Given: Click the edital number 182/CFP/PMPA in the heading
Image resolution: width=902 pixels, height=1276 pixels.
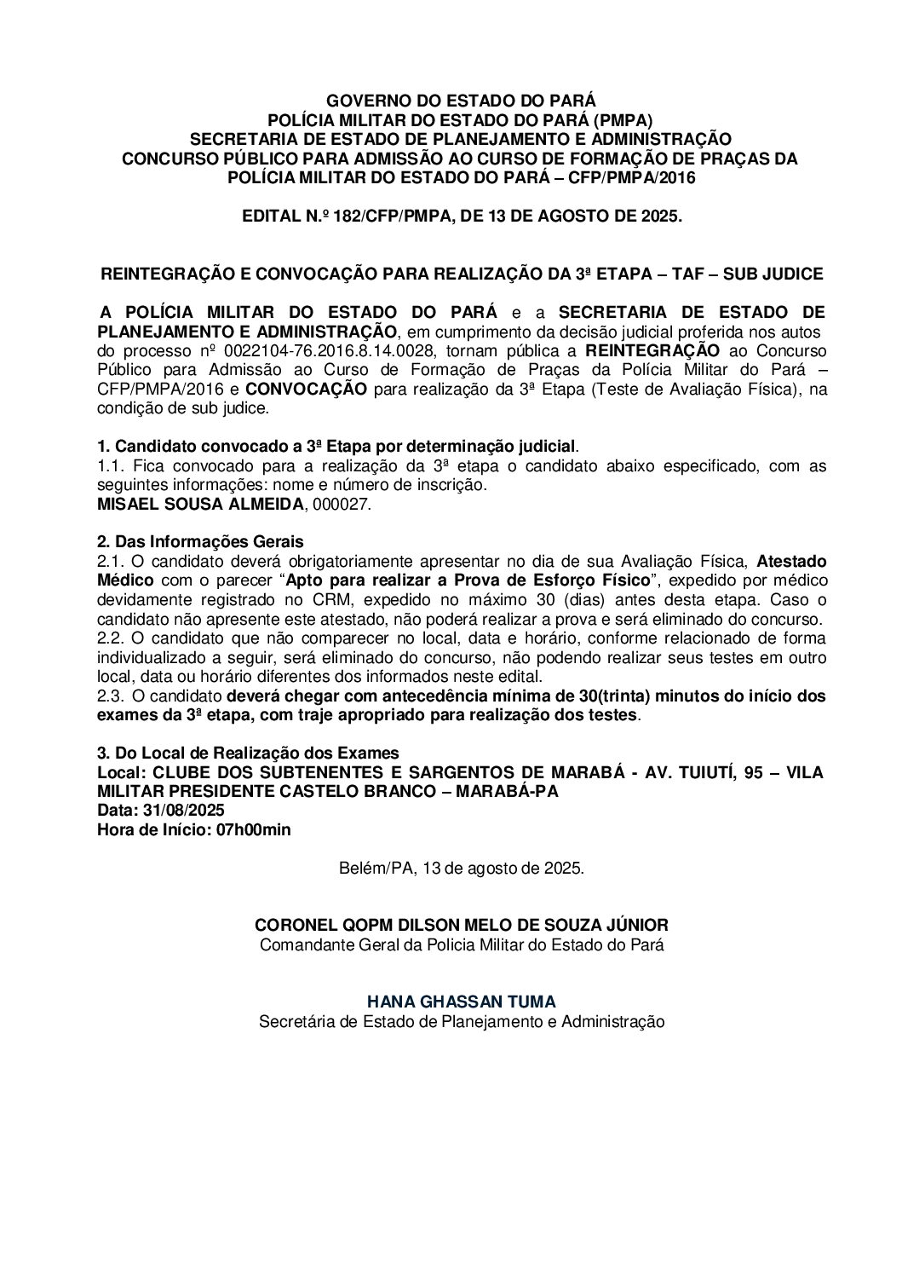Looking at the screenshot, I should (x=383, y=217).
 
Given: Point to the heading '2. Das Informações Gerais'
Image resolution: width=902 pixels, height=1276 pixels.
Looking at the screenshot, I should (x=200, y=542).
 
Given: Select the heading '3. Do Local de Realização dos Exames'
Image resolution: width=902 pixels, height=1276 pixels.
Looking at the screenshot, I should (x=248, y=753).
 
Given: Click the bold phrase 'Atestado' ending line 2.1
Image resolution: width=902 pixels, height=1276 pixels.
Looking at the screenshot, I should (x=791, y=562).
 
